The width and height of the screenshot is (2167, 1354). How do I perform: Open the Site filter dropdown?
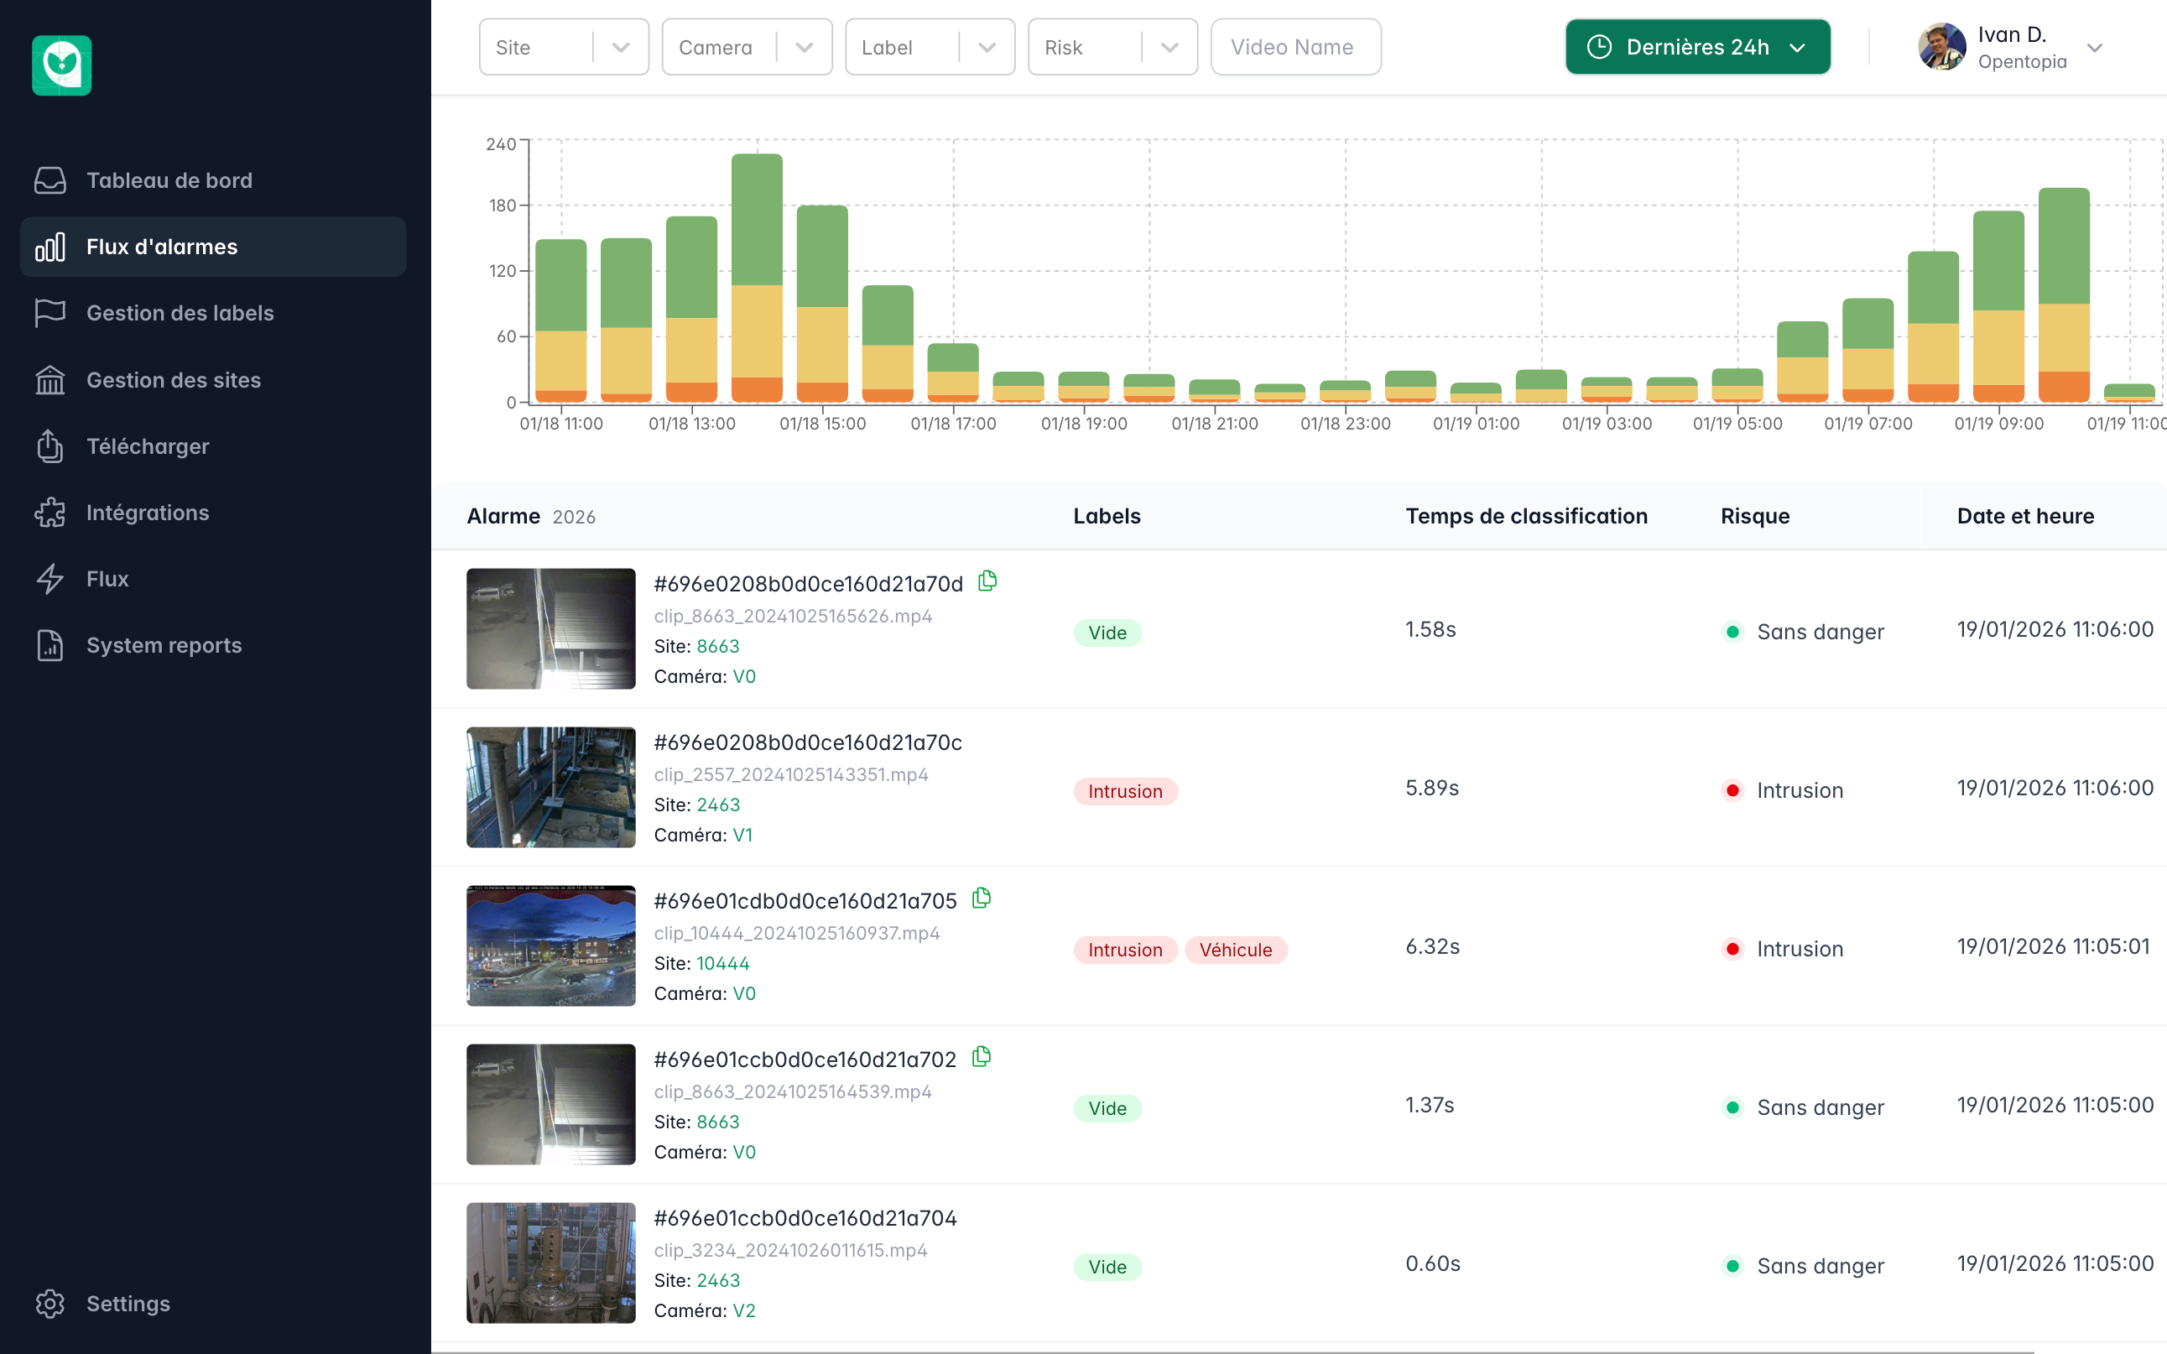point(563,48)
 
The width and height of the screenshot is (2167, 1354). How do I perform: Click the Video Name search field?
point(1294,48)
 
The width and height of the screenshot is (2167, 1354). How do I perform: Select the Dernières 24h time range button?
point(1697,48)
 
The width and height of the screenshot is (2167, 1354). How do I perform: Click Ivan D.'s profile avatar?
point(1941,48)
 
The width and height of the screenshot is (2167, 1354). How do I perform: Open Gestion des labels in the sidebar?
point(180,314)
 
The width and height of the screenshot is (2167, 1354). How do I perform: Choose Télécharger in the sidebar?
point(148,446)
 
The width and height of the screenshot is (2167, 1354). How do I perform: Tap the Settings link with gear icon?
point(128,1303)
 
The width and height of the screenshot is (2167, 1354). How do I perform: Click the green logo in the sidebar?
point(62,65)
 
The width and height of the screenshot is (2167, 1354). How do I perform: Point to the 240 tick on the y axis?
point(501,144)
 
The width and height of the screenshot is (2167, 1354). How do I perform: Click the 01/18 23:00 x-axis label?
point(1345,424)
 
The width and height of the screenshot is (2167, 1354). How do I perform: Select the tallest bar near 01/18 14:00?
point(757,278)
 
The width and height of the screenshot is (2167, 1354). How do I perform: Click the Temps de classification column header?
point(1526,517)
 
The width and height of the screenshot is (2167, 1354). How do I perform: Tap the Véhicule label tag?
point(1235,950)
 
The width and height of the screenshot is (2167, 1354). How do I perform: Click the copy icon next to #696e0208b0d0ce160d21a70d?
point(987,582)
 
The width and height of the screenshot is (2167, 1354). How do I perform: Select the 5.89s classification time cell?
point(1432,788)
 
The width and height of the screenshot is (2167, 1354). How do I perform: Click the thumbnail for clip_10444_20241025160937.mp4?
point(550,945)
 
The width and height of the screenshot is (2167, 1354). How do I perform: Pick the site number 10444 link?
point(722,964)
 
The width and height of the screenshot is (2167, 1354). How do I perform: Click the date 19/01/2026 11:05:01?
point(2052,946)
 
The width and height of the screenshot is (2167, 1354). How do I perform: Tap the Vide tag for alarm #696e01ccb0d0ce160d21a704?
point(1107,1267)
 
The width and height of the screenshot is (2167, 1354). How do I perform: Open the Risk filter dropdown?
point(1112,48)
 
